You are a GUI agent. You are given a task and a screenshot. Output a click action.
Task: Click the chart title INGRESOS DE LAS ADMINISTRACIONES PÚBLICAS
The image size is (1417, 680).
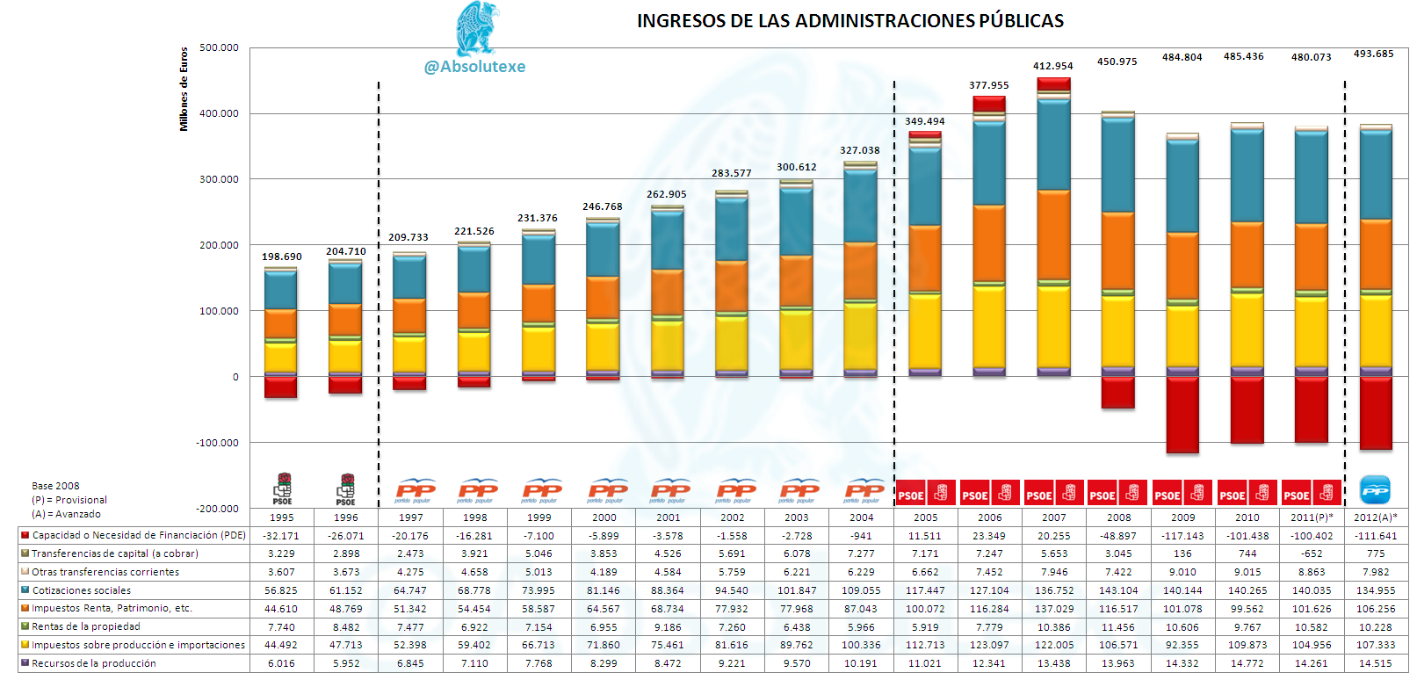click(850, 21)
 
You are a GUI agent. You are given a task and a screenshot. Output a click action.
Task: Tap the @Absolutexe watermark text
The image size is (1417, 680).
click(474, 67)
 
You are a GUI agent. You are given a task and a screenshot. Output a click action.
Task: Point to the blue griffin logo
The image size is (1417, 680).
click(478, 28)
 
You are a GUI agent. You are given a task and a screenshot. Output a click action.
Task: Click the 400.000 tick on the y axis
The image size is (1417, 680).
click(219, 113)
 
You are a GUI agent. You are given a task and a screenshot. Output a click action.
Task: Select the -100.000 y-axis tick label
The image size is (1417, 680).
click(217, 442)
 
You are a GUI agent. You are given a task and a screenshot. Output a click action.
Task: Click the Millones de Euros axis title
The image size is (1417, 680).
click(184, 90)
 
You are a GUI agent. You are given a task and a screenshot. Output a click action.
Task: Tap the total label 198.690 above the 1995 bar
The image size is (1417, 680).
click(281, 257)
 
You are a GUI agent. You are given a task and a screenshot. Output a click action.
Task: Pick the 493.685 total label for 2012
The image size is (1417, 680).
click(1373, 54)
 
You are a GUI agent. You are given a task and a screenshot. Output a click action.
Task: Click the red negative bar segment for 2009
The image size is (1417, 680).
click(1182, 415)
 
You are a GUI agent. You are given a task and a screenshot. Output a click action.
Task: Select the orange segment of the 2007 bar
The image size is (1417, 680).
click(1054, 235)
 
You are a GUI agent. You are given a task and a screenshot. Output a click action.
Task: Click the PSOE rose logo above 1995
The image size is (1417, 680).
click(283, 489)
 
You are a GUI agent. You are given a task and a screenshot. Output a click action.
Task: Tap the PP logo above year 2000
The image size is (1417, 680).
click(608, 491)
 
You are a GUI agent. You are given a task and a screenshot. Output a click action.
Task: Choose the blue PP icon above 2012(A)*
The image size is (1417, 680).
click(1375, 489)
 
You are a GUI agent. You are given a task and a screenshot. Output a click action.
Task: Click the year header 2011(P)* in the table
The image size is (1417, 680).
click(1312, 517)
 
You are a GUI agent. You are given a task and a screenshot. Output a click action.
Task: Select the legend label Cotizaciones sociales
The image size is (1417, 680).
click(82, 590)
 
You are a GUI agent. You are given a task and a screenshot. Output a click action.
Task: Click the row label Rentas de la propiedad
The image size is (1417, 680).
click(86, 626)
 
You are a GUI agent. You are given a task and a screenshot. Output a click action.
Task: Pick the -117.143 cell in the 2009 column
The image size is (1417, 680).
click(1182, 536)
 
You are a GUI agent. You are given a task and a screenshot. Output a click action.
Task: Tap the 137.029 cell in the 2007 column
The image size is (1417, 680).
click(1054, 609)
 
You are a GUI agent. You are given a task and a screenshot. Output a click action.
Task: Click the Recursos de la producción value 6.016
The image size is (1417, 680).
click(281, 663)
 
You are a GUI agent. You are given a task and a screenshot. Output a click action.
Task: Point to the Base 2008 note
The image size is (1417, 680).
click(55, 486)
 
